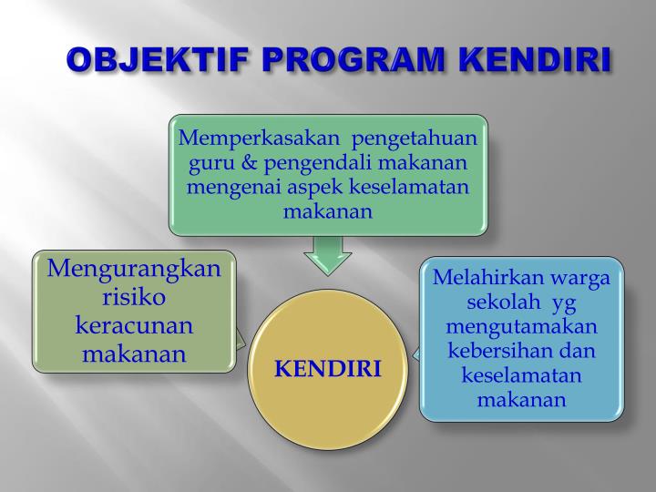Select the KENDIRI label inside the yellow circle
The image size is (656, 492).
pyautogui.click(x=328, y=369)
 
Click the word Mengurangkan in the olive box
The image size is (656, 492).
pyautogui.click(x=134, y=269)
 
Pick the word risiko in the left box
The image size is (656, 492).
pyautogui.click(x=134, y=297)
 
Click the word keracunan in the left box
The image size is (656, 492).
pyautogui.click(x=134, y=325)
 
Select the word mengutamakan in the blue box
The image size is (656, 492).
pyautogui.click(x=521, y=326)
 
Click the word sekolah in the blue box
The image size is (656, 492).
pyautogui.click(x=500, y=302)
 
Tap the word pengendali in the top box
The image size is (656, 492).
pyautogui.click(x=310, y=163)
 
